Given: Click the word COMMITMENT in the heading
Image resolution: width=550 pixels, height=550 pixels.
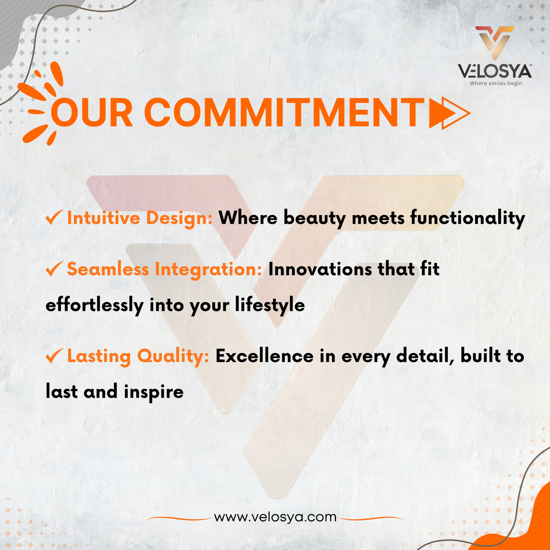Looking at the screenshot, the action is pos(284,112).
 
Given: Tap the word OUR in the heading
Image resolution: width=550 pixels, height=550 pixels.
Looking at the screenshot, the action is pos(92,113).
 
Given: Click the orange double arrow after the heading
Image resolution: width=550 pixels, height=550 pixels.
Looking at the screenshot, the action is pos(449,113).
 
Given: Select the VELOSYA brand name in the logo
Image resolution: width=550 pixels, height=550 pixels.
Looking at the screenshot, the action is pos(494,71).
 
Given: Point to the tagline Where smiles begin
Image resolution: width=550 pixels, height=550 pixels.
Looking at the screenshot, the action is pos(496,83).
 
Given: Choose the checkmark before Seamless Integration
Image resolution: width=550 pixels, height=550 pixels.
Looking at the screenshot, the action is pos(54,269).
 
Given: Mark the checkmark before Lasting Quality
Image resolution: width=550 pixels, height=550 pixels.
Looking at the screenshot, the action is pos(54,356).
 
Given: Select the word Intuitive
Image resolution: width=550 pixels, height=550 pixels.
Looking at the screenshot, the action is pos(104,218).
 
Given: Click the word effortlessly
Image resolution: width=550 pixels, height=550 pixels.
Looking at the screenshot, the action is pos(95,305).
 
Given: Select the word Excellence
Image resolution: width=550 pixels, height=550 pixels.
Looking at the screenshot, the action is pos(265,356).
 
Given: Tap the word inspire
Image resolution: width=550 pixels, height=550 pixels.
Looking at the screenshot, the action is pos(153,392).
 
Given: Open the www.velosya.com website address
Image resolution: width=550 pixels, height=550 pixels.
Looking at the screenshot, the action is pos(275,517).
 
